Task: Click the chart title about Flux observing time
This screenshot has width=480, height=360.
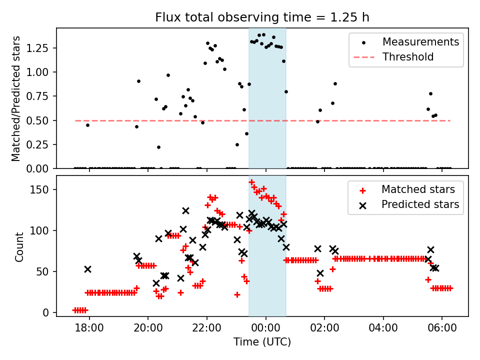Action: pyautogui.click(x=262, y=18)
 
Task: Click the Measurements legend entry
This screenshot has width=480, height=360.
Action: pyautogui.click(x=420, y=42)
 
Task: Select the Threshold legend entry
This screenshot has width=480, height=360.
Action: pyautogui.click(x=407, y=57)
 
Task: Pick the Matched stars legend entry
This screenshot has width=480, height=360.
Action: pyautogui.click(x=418, y=189)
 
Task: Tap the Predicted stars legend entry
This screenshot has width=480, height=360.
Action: pyautogui.click(x=420, y=204)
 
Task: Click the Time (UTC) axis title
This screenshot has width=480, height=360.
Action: pyautogui.click(x=262, y=342)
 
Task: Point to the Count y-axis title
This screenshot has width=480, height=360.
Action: pyautogui.click(x=19, y=246)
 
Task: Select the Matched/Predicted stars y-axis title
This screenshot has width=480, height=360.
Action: pyautogui.click(x=16, y=98)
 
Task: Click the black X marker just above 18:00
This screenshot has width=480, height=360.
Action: pyautogui.click(x=87, y=269)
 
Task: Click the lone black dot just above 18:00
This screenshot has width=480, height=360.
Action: pyautogui.click(x=87, y=125)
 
